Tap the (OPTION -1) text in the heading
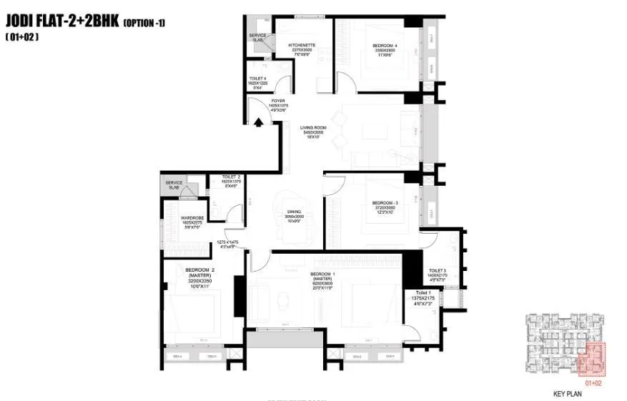[144, 23]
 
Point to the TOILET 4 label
[257, 80]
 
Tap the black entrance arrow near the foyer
[256, 121]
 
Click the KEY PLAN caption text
[568, 393]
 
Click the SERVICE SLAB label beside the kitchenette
[257, 37]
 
